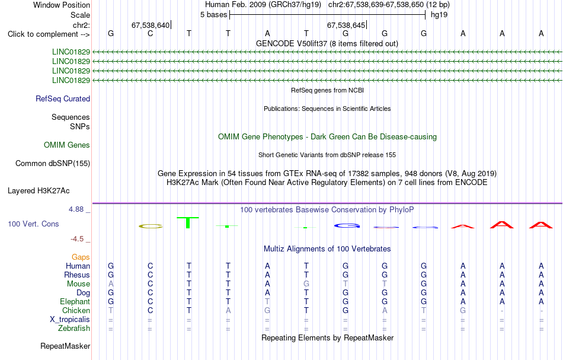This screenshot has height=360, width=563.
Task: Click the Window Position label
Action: click(x=62, y=5)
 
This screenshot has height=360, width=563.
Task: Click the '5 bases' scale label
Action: click(x=213, y=15)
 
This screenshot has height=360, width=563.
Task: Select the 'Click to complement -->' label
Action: click(x=49, y=34)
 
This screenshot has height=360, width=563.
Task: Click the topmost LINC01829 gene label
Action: click(x=71, y=52)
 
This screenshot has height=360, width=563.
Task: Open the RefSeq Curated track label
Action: click(x=63, y=99)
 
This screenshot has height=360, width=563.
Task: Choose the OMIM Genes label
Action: click(x=67, y=145)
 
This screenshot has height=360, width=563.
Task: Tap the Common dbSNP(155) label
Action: click(x=53, y=164)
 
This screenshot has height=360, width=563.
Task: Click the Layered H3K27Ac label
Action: click(x=39, y=191)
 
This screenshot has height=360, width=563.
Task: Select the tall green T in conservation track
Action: click(x=188, y=222)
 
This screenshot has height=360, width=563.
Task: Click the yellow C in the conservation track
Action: click(x=151, y=226)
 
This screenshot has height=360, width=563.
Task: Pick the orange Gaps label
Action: click(x=81, y=257)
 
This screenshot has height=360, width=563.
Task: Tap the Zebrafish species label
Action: click(x=74, y=329)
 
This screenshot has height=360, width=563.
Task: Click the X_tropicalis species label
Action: click(x=70, y=320)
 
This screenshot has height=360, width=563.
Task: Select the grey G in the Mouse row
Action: click(x=306, y=284)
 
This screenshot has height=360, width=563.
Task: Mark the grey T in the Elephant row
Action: click(x=267, y=301)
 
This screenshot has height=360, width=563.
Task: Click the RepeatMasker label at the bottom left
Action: click(x=65, y=346)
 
